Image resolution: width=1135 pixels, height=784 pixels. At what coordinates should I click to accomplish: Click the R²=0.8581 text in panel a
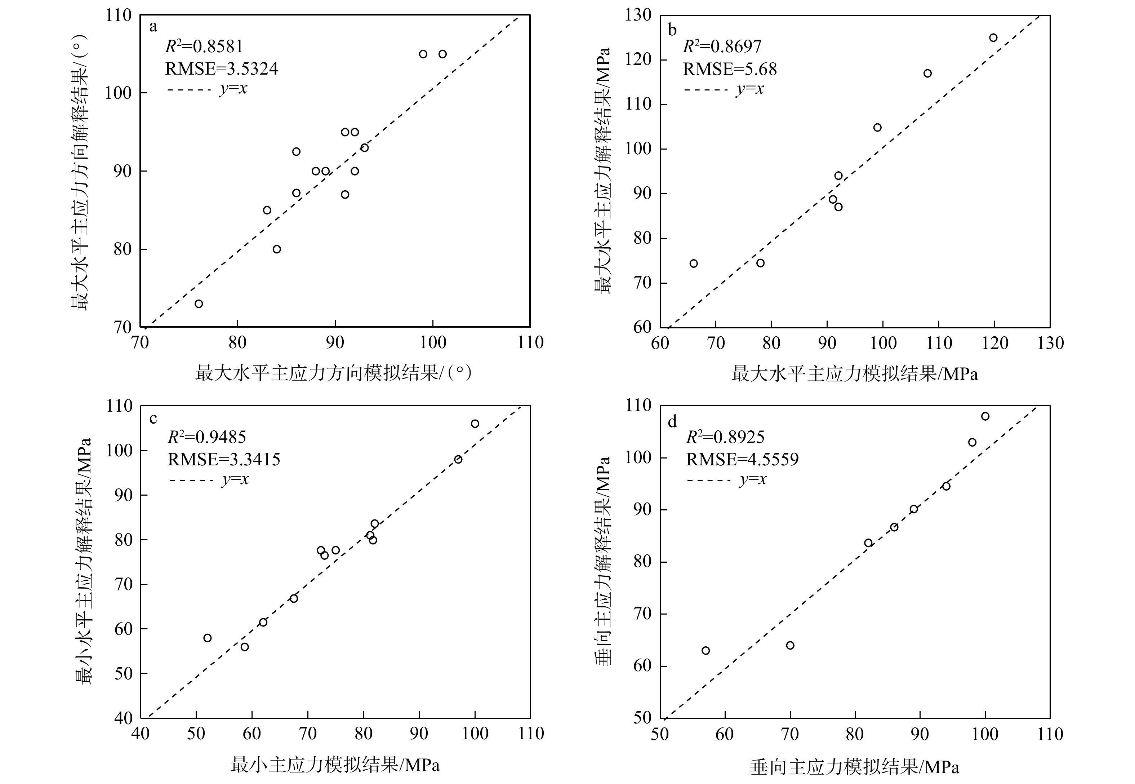[x=204, y=46]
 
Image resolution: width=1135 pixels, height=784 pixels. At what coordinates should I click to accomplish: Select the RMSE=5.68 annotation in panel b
[x=730, y=69]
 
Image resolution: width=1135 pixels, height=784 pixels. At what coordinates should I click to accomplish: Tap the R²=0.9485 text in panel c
[x=207, y=437]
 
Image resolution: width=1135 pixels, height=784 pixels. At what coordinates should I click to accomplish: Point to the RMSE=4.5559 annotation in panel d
[x=742, y=459]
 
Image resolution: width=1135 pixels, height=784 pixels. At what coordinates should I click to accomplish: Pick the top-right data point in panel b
[x=993, y=38]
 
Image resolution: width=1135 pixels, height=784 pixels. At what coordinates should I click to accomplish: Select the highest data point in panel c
[x=475, y=424]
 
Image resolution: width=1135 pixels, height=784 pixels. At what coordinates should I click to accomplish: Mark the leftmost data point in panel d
[x=706, y=650]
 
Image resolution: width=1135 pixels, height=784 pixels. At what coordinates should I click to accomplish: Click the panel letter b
[x=672, y=30]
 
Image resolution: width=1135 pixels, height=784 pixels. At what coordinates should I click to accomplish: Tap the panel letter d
[x=672, y=421]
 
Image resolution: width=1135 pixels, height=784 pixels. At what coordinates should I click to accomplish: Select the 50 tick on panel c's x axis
[x=196, y=734]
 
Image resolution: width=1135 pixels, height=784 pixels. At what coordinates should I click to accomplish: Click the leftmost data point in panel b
[x=693, y=263]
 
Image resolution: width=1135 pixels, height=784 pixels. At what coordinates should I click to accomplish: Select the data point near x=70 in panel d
[x=790, y=645]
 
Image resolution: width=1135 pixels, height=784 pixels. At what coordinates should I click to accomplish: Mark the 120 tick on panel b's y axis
[x=638, y=59]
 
